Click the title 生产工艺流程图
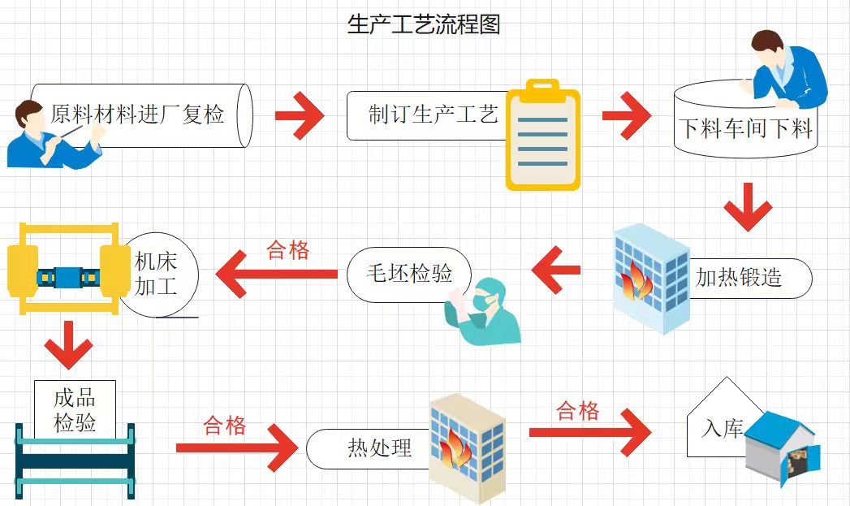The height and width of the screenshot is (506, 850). tap(424, 24)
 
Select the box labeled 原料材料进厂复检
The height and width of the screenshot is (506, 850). tap(138, 115)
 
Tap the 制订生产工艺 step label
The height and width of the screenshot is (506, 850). tap(433, 115)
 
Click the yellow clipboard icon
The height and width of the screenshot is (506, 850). tap(542, 136)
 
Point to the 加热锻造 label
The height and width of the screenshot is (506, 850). tap(739, 278)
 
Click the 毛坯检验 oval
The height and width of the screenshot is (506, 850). tap(409, 274)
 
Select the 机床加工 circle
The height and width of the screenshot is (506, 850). tap(157, 274)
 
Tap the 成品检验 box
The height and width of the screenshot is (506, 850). tap(75, 410)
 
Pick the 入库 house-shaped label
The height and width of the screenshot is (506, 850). tap(722, 427)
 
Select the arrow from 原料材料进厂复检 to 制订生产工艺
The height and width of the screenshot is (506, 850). tap(299, 115)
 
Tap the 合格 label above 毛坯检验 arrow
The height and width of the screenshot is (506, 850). tap(288, 250)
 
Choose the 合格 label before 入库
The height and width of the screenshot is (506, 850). tap(578, 411)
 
